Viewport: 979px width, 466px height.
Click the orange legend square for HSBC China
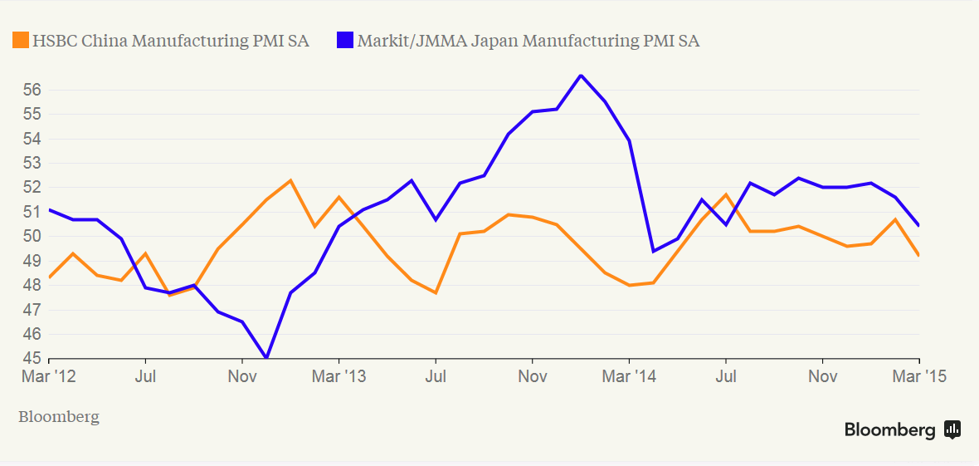[20, 40]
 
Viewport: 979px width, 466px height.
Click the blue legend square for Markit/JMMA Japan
[345, 40]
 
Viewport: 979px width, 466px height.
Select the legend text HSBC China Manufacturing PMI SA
[170, 41]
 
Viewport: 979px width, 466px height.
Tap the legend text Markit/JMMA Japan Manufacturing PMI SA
[528, 41]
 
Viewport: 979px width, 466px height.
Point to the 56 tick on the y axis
[30, 90]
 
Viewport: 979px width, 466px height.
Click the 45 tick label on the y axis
[30, 359]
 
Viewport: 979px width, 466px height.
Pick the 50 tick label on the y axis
[30, 237]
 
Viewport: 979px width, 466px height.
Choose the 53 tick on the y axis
[30, 163]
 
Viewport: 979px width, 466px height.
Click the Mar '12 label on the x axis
[49, 376]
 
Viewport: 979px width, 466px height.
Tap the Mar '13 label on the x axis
[339, 376]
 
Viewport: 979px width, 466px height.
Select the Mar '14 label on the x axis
[629, 376]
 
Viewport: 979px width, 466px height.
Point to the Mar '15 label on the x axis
[918, 376]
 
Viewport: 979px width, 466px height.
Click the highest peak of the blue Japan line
[581, 76]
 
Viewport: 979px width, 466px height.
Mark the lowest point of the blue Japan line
[266, 358]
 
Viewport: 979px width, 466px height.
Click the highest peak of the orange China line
[290, 180]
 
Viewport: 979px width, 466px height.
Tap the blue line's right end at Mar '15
[918, 225]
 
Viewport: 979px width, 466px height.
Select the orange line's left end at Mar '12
[50, 277]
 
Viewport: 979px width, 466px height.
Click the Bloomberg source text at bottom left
[58, 417]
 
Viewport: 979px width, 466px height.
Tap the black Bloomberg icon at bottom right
[952, 429]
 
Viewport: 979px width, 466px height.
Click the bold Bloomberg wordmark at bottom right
[889, 429]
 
